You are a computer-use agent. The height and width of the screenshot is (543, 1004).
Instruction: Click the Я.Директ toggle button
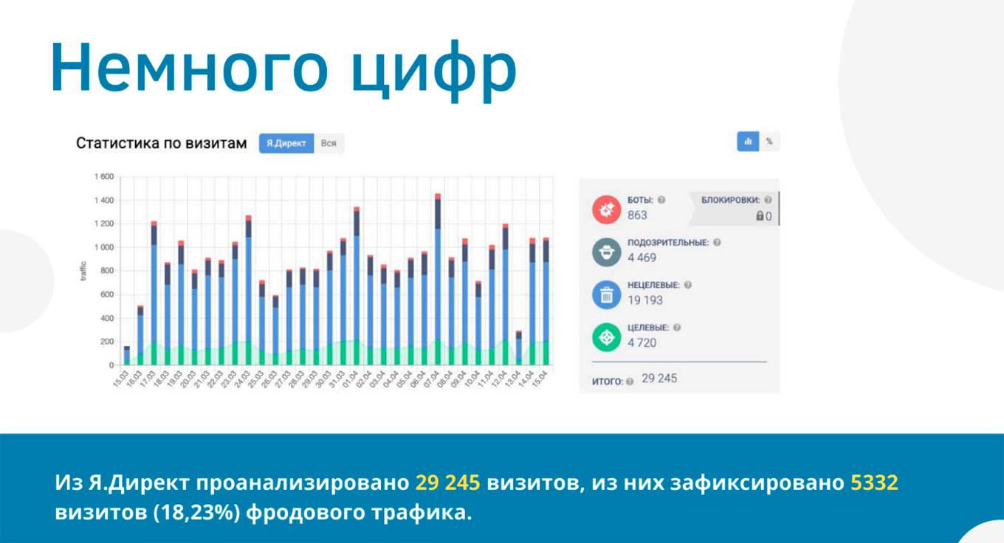[x=286, y=143]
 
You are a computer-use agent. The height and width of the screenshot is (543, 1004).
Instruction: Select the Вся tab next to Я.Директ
[x=329, y=143]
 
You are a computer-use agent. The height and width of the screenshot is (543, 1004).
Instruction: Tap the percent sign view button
[x=769, y=142]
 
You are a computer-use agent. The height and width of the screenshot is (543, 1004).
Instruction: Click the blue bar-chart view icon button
[x=748, y=142]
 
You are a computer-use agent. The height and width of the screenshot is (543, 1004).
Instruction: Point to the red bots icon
[x=607, y=209]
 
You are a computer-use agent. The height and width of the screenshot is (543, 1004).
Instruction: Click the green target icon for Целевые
[x=607, y=337]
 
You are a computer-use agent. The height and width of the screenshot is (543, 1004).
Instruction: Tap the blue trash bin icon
[x=607, y=294]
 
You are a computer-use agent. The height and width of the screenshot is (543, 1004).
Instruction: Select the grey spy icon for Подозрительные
[x=607, y=252]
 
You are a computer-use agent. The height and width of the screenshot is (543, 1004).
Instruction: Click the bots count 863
[x=637, y=215]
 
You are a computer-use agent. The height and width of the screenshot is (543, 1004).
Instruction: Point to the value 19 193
[x=645, y=300]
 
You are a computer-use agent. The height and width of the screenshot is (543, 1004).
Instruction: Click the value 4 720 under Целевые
[x=642, y=343]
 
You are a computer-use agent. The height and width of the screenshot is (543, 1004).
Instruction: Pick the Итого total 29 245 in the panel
[x=659, y=378]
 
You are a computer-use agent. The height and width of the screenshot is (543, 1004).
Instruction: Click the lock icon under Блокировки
[x=759, y=216]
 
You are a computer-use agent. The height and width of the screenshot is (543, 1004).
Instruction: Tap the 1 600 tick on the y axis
[x=103, y=177]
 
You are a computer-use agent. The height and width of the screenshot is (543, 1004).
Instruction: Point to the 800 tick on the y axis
[x=107, y=271]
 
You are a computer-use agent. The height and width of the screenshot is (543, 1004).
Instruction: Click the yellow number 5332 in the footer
[x=874, y=483]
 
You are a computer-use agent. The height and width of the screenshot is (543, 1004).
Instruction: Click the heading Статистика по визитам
[x=161, y=143]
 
